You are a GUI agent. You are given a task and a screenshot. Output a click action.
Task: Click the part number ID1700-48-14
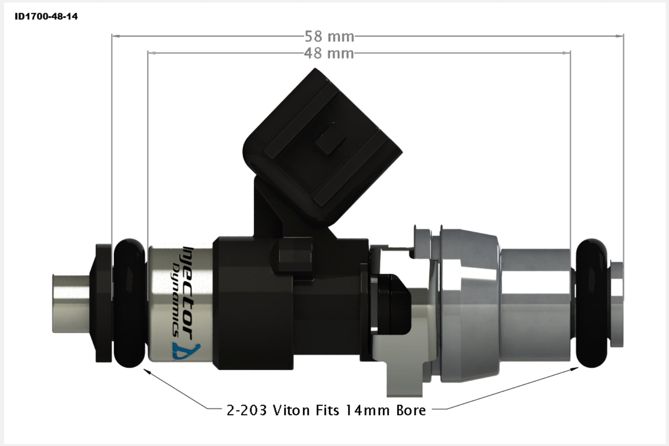[x=46, y=16]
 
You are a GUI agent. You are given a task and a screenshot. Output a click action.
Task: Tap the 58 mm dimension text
[x=329, y=37]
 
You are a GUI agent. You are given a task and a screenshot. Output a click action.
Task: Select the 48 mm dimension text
[x=329, y=53]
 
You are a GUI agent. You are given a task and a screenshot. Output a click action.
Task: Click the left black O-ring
[x=129, y=303]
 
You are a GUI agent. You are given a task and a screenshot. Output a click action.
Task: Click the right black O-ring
[x=591, y=303]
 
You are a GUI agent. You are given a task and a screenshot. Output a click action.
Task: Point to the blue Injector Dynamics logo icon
[x=187, y=351]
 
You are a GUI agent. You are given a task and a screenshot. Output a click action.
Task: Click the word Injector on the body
[x=188, y=293]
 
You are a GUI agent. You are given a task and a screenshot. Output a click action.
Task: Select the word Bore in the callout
[x=411, y=410]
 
